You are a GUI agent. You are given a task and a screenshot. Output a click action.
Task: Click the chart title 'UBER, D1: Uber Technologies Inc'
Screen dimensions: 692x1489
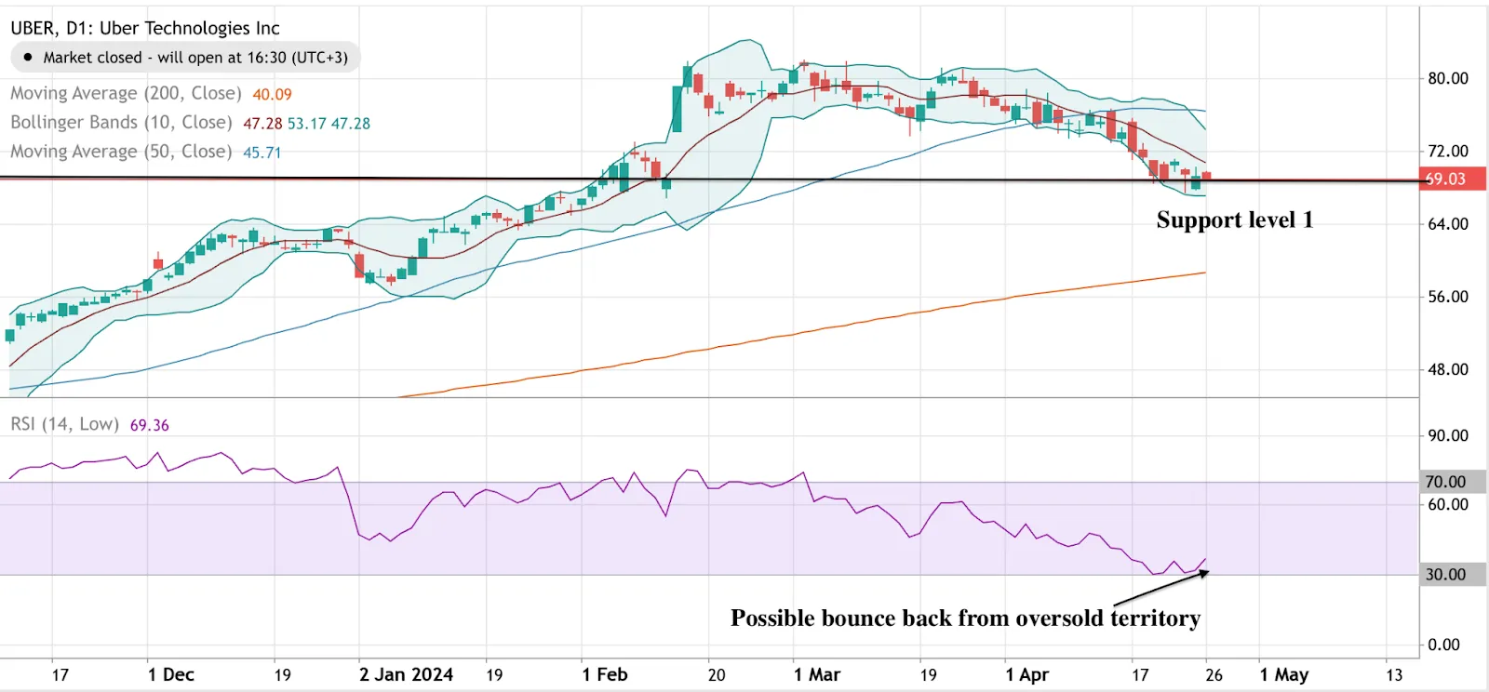tap(145, 28)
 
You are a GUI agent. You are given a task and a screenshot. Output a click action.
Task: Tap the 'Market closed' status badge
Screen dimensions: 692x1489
tap(185, 58)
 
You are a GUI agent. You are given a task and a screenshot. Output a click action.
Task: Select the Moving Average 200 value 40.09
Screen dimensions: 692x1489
tap(272, 94)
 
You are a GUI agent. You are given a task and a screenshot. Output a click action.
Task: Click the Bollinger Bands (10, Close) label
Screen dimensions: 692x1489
tap(121, 123)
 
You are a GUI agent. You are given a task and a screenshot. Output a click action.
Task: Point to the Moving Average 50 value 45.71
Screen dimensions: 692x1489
tap(262, 152)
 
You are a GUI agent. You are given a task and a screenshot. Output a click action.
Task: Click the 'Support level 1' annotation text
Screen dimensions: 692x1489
tap(1234, 220)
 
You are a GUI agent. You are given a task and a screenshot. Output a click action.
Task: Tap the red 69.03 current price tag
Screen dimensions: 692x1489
tap(1447, 179)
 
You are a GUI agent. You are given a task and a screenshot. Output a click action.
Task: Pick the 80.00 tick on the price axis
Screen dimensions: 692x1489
tap(1448, 78)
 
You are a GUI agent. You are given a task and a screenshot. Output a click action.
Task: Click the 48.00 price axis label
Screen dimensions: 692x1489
tap(1448, 369)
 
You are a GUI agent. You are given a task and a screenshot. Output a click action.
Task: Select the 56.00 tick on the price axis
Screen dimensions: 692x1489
tap(1448, 297)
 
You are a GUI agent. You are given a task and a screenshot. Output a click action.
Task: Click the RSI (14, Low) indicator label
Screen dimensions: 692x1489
tap(64, 425)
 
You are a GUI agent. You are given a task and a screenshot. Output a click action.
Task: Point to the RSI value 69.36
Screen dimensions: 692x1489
tap(149, 425)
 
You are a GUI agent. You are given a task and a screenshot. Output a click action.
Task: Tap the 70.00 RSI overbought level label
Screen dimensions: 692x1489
tap(1445, 482)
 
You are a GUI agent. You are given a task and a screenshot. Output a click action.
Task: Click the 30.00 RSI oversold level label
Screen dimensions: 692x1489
tap(1445, 575)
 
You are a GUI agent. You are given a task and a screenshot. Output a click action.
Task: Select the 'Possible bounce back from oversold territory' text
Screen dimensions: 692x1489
tap(965, 619)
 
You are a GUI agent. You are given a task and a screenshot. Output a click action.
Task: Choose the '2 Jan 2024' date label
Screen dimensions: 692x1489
tap(406, 674)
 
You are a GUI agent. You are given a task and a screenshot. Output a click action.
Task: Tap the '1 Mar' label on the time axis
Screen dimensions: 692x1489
tap(816, 674)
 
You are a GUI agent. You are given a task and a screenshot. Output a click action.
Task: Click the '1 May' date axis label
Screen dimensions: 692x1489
tap(1283, 674)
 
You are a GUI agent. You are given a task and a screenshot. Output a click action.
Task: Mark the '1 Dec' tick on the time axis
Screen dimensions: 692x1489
tap(170, 674)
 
